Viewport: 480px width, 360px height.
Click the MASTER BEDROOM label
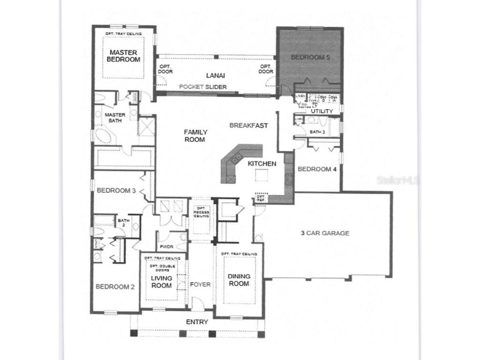[123, 56]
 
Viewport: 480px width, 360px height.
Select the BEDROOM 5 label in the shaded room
[307, 57]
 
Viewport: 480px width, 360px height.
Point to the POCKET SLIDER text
[203, 87]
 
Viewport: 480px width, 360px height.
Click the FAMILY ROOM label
[195, 136]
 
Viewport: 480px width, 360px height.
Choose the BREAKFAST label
[248, 126]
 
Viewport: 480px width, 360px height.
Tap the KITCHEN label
[262, 164]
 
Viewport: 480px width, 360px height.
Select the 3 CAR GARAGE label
[325, 233]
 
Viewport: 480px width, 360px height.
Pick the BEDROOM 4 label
[317, 169]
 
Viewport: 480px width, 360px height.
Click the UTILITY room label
[322, 111]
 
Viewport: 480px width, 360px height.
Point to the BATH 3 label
[317, 132]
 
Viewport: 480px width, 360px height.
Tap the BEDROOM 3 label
[116, 191]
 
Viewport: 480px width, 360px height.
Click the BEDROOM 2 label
[115, 287]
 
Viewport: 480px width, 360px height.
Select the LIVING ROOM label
[161, 282]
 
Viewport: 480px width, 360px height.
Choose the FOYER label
[200, 285]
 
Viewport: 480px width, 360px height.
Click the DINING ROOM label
[239, 280]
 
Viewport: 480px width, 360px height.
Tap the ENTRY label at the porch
[197, 322]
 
